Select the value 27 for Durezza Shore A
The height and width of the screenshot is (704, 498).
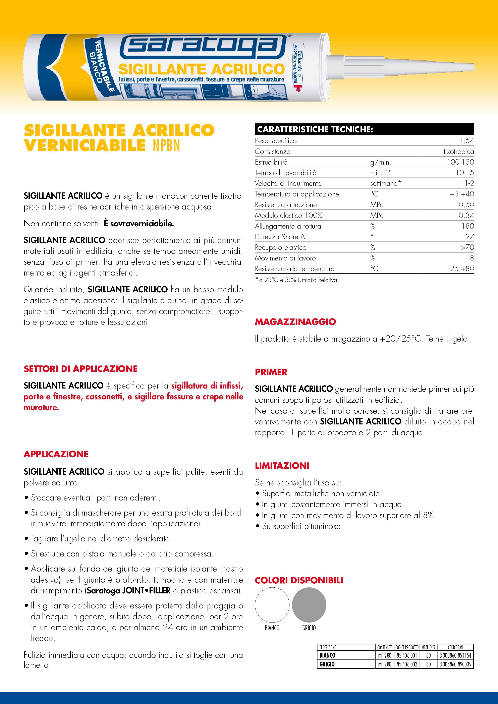[x=469, y=237]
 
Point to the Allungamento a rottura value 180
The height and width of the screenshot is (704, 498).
[x=468, y=226]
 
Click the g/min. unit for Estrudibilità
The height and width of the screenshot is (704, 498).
[x=380, y=162]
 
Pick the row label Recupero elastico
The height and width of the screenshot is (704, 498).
[x=281, y=247]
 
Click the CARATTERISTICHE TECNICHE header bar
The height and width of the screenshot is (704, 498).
[x=364, y=129]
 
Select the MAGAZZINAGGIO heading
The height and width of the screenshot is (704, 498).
[x=295, y=322]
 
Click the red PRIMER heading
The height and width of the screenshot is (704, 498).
[x=271, y=372]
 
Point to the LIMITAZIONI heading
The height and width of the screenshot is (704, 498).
[x=282, y=465]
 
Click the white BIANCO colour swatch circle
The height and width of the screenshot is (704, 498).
[x=272, y=605]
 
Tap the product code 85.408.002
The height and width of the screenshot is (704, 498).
[x=407, y=664]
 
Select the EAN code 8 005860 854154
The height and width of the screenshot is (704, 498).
[x=455, y=655]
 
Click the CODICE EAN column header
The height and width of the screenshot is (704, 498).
[x=455, y=647]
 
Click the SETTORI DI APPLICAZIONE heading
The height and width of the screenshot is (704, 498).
[x=80, y=369]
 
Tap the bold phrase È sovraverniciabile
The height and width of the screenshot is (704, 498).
[x=139, y=224]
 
